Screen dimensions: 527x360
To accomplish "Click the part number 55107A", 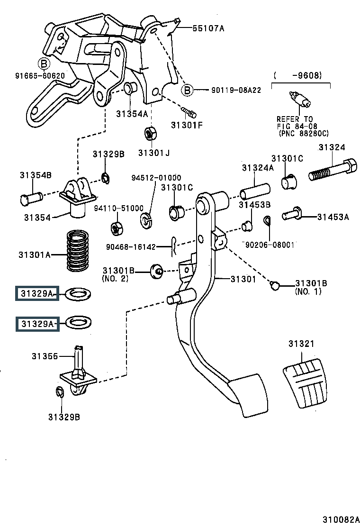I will coord(208,28).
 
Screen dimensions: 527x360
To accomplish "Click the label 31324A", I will coord(258,167).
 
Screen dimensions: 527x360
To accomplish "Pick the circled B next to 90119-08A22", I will coord(187,90).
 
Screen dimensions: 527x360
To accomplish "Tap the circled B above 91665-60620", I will coord(43,63).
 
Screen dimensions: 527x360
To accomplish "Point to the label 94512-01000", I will coord(156,178).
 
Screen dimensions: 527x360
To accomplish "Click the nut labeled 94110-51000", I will coord(116,228).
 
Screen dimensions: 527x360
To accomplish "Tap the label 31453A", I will coord(333,217).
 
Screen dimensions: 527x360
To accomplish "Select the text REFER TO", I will coord(295,119).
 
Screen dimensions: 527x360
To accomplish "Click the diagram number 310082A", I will coord(341,519).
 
